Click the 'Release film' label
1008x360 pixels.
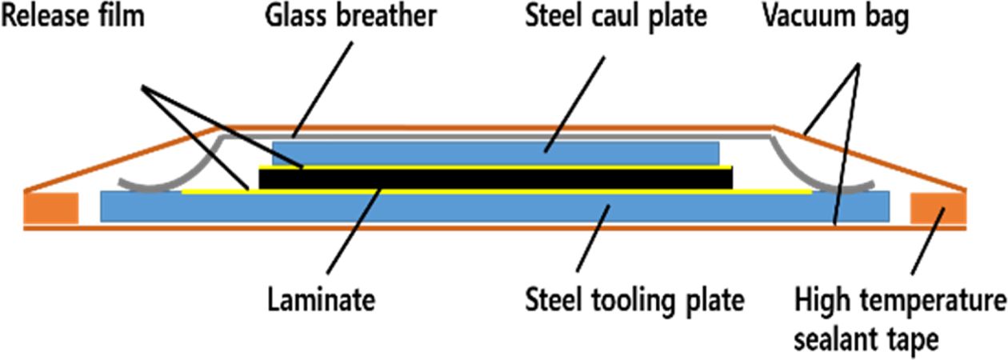(73, 17)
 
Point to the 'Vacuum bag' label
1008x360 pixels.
(835, 17)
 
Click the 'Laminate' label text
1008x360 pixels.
(320, 301)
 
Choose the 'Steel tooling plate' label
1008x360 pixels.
(634, 301)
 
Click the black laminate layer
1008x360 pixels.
(496, 178)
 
